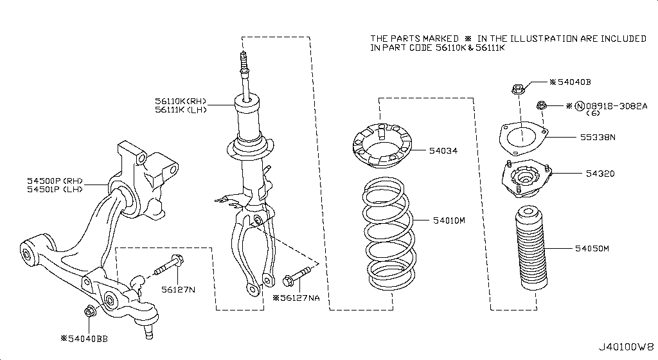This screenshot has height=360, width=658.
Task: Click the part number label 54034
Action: (x=444, y=151)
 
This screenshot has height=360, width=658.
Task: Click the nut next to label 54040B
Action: (x=518, y=89)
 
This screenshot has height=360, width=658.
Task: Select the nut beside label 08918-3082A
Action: (x=542, y=105)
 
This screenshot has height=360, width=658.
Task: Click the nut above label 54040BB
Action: (x=89, y=312)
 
